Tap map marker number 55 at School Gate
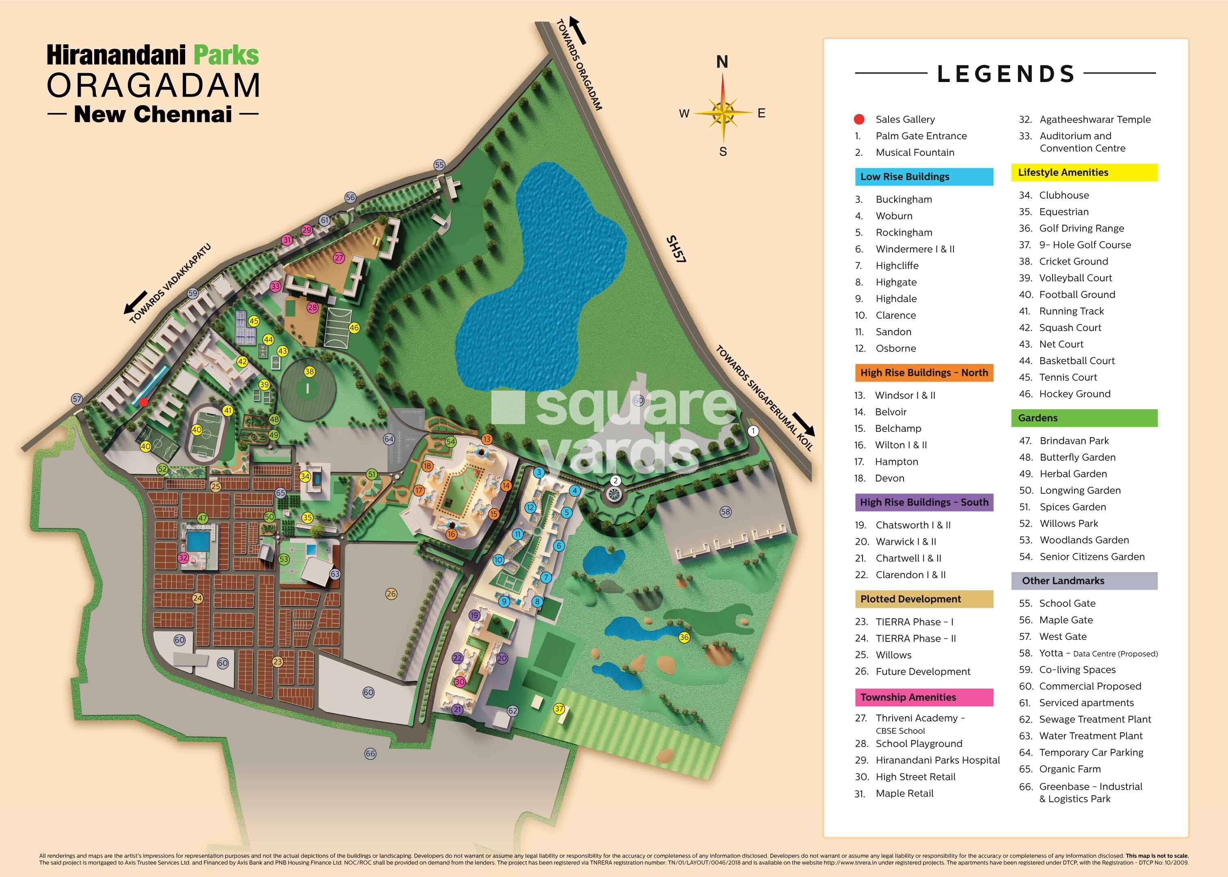439,165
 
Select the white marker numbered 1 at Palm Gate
753,431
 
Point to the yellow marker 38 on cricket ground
309,372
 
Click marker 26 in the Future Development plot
391,594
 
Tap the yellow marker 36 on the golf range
684,637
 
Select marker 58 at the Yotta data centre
725,512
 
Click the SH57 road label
676,249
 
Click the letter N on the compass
722,63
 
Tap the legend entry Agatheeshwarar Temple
1095,119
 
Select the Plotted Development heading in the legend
923,599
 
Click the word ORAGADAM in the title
154,85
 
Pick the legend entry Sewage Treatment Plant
1095,719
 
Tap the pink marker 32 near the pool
183,558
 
